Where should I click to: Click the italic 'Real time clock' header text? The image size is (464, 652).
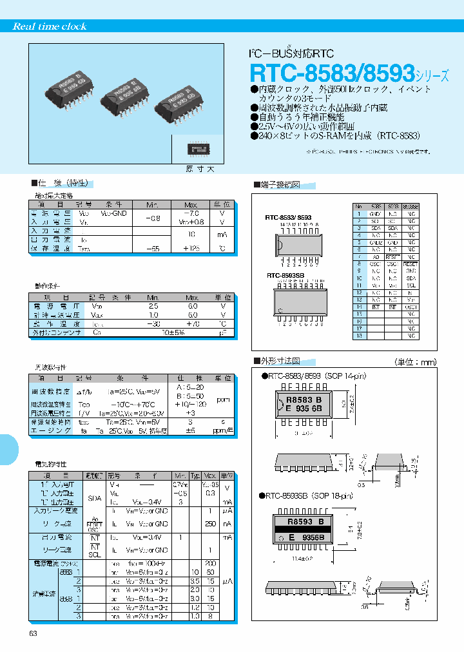tap(50, 26)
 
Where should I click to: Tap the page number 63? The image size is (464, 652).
tap(34, 634)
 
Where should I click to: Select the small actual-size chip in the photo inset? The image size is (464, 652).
tap(197, 149)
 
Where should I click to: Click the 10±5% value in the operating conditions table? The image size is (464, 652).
tap(173, 332)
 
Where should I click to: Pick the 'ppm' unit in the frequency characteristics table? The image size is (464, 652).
tap(223, 399)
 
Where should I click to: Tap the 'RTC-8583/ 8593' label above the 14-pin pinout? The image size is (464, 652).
tap(288, 218)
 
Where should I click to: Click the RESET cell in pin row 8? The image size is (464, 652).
tap(411, 264)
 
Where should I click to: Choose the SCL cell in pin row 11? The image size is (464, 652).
tap(411, 285)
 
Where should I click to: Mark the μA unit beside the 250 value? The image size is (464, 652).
tap(227, 524)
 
